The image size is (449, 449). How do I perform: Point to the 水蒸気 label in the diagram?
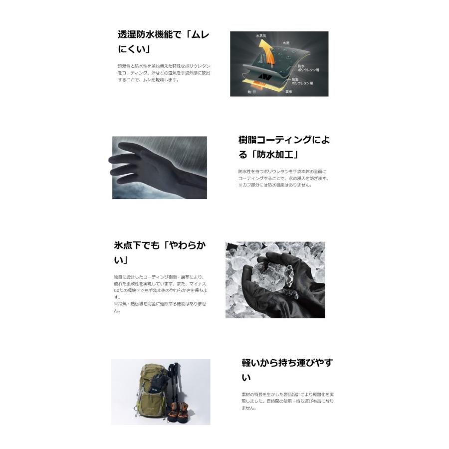pos(262,36)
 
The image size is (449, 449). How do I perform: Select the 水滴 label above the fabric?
pos(285,43)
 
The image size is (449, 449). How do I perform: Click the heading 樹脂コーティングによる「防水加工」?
pos(283,147)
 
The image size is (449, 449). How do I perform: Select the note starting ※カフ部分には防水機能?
pos(275,185)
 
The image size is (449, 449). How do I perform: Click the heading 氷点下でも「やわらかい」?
pos(160,252)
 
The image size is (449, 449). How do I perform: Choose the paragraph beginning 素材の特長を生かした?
pos(287,401)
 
